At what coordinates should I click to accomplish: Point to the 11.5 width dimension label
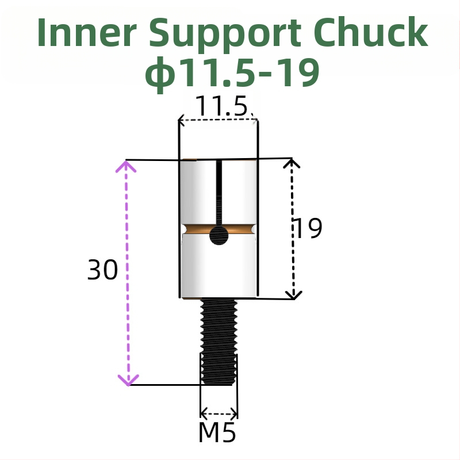pos(221,107)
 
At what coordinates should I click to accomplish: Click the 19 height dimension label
pos(308,229)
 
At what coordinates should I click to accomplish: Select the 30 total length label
pos(102,270)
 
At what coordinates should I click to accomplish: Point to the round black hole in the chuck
pos(218,234)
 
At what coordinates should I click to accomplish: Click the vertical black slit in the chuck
pos(218,193)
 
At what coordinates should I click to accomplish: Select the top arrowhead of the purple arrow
pos(126,166)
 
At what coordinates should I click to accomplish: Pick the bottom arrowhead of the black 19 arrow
pos(294,294)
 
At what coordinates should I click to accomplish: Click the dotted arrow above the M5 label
pos(218,413)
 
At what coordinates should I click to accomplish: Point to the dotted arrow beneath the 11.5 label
pos(217,120)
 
